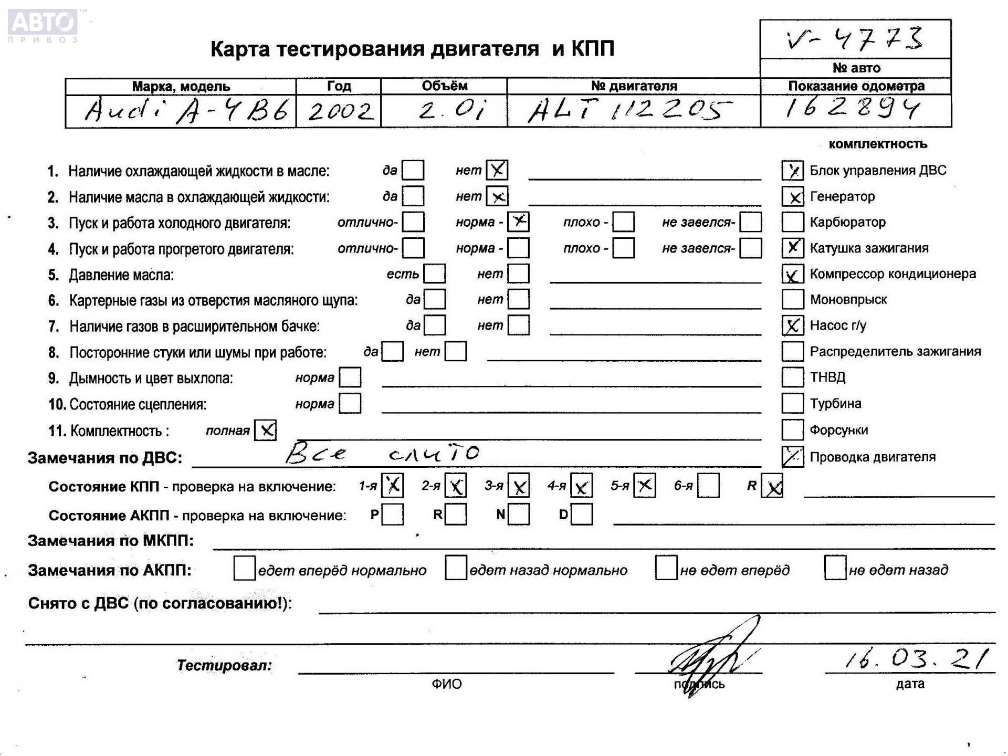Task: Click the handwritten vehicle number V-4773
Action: point(855,39)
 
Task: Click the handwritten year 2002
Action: point(340,111)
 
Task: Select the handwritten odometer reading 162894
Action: point(853,108)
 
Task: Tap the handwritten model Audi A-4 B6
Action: point(186,111)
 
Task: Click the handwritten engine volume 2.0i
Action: point(453,111)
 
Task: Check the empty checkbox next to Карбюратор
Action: point(792,222)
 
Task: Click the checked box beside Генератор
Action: point(792,196)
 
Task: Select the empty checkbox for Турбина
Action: point(792,403)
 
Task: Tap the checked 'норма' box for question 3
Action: point(519,222)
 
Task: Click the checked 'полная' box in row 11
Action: point(266,430)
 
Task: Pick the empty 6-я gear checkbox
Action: point(708,486)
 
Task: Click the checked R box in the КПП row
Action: point(772,486)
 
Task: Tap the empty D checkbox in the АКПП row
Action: point(582,514)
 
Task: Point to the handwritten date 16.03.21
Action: point(916,658)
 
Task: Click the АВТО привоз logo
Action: point(44,25)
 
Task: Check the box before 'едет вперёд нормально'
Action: point(244,569)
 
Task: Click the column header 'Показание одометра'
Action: point(856,86)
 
